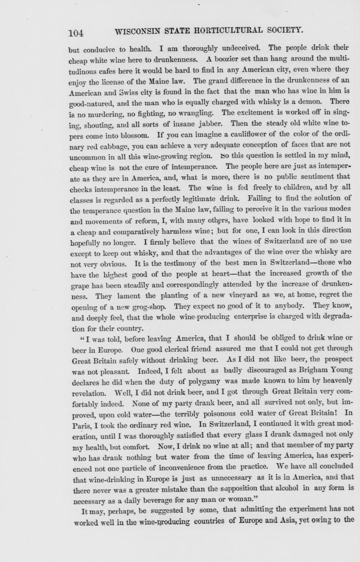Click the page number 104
pyautogui.click(x=76, y=32)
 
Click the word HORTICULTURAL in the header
pyautogui.click(x=222, y=31)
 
